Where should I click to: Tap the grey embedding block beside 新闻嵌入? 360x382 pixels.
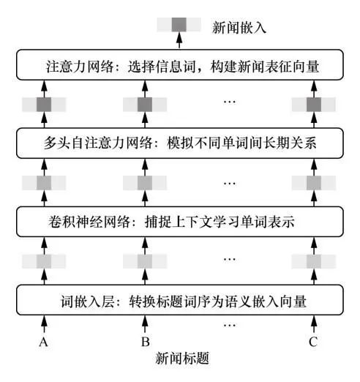(179, 26)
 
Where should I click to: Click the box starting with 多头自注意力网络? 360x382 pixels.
(179, 141)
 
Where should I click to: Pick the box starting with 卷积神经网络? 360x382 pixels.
(179, 220)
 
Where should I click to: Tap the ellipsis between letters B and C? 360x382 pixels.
(229, 323)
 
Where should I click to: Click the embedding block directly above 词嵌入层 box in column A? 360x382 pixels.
(44, 261)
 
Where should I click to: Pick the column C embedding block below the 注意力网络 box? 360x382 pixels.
(314, 105)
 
